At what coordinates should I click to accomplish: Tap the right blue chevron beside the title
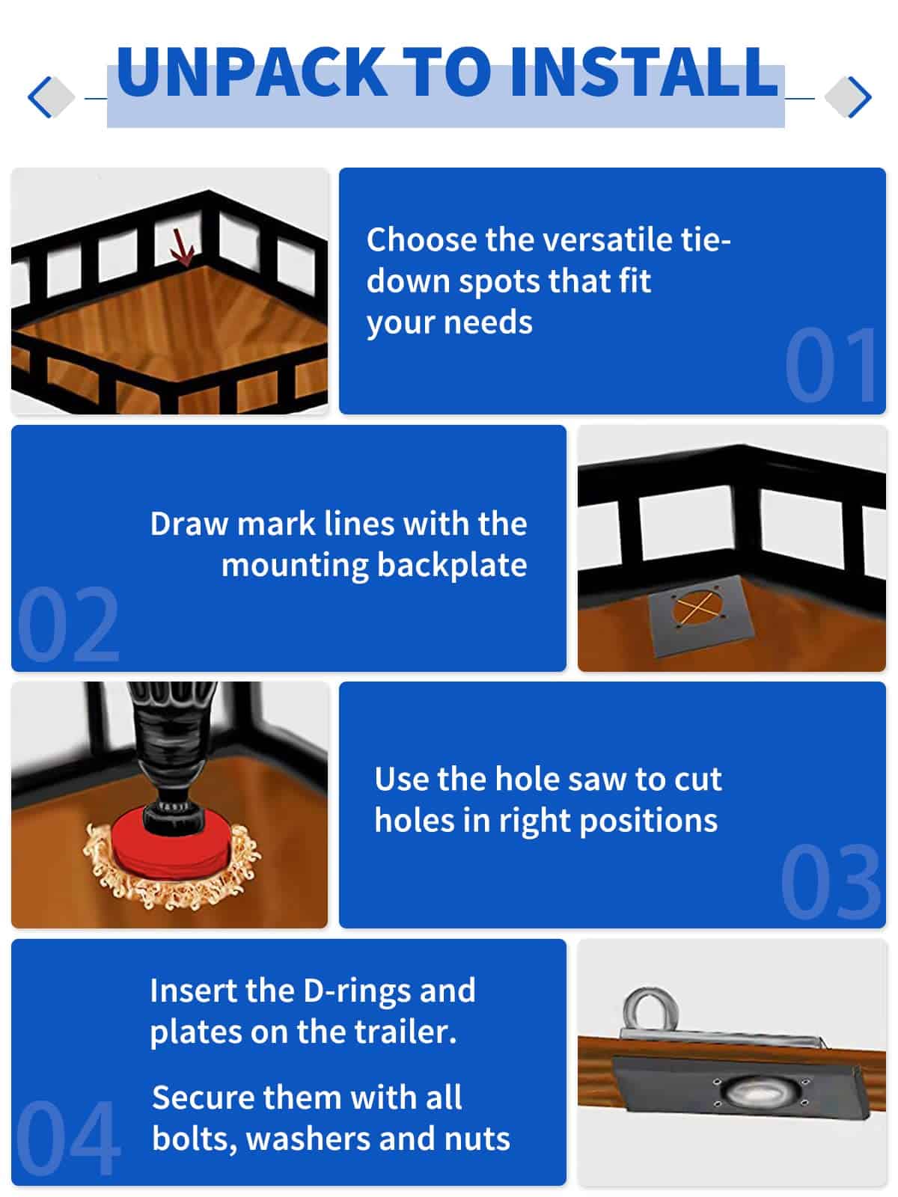(860, 97)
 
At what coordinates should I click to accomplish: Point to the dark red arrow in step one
(182, 247)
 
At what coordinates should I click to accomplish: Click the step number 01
(830, 365)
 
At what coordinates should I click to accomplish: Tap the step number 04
(68, 1137)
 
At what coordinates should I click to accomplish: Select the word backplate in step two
(452, 565)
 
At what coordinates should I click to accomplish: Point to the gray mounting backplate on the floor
(700, 615)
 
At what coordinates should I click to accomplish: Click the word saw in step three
(599, 780)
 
